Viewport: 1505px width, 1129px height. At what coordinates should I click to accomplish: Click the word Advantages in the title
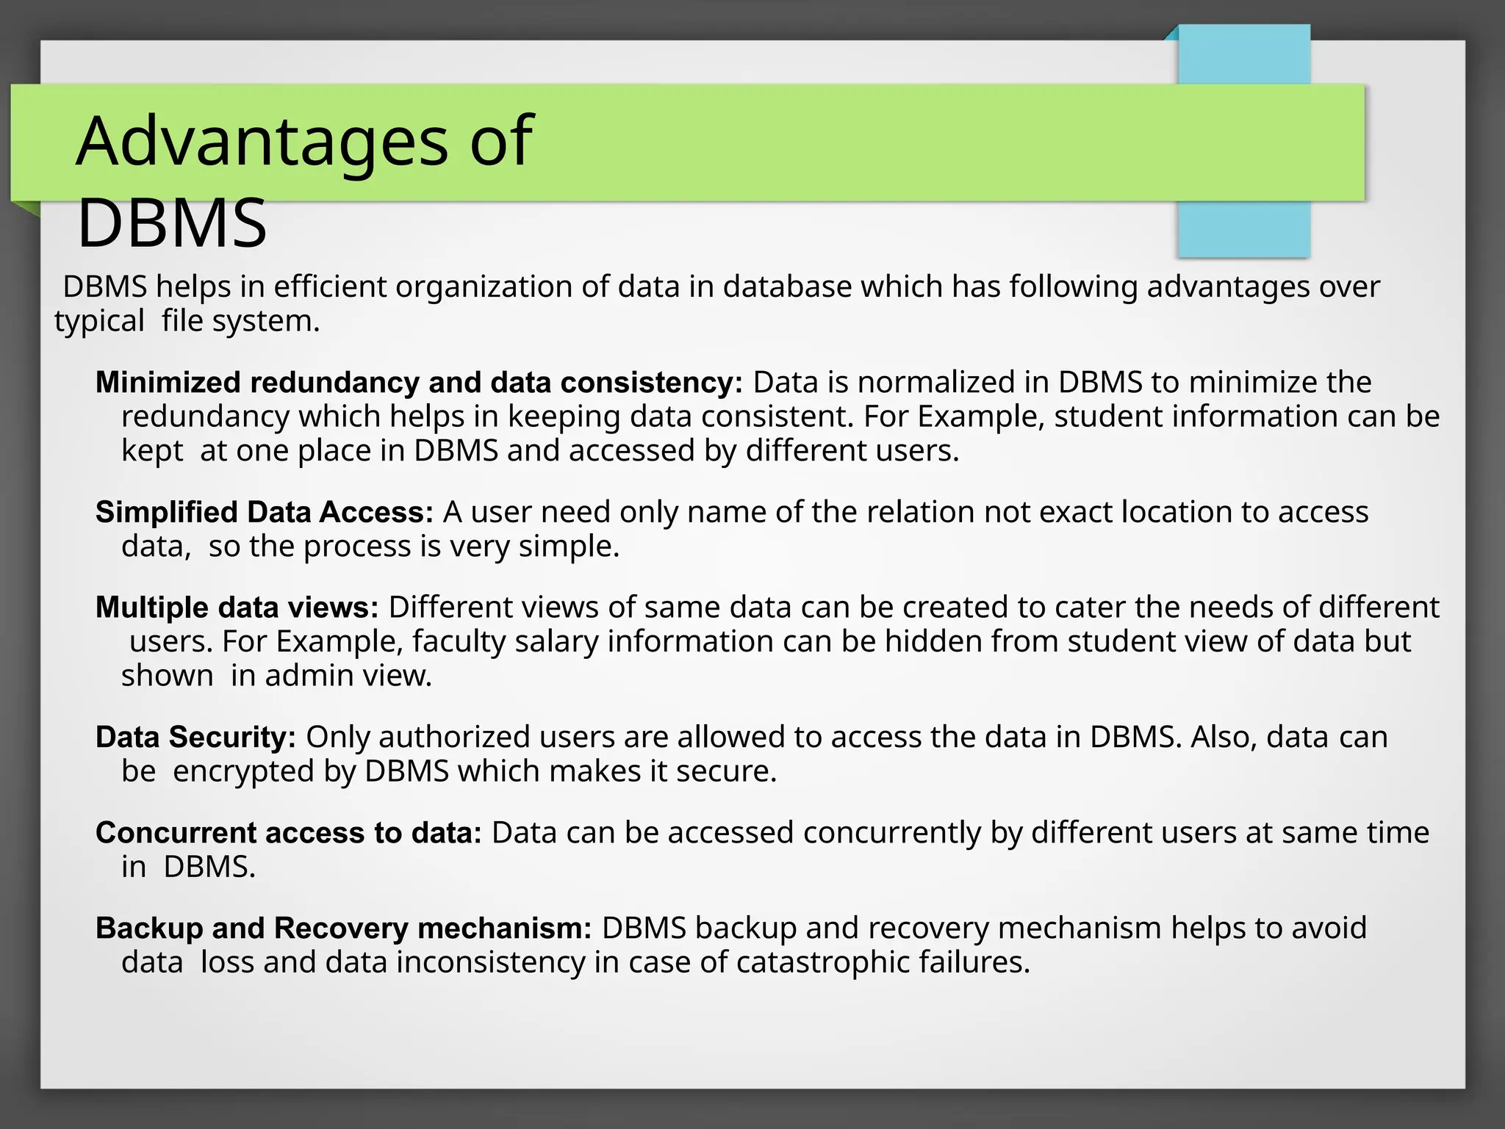coord(262,141)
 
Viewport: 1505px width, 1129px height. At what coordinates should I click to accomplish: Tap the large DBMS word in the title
coord(172,223)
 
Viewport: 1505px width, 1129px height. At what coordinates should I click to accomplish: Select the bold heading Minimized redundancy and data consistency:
coord(419,383)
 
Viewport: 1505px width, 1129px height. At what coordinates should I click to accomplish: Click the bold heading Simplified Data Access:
coord(265,512)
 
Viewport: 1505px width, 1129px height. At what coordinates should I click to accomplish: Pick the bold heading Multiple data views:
coord(237,607)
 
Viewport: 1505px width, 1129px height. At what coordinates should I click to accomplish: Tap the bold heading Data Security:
coord(195,737)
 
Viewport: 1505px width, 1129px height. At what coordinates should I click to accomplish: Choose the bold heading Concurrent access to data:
coord(288,833)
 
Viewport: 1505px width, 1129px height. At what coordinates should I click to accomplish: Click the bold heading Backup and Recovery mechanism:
coord(343,928)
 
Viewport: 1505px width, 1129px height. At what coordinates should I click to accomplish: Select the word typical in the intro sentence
coord(99,322)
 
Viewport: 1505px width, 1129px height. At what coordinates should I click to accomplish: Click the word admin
coord(301,676)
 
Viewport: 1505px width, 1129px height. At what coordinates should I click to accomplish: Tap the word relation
coord(920,512)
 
